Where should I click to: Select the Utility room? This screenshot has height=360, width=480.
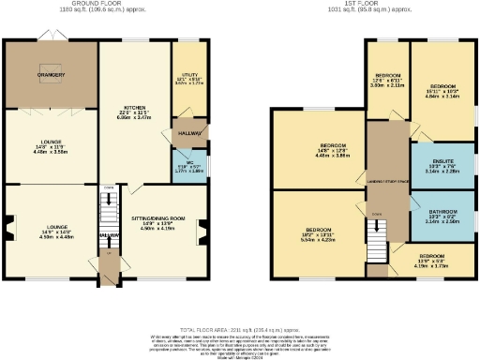(189, 81)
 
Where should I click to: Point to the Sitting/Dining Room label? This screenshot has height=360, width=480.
(156, 223)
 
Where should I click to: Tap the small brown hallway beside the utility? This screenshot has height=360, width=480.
(189, 134)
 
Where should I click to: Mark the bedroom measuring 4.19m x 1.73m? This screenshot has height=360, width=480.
(431, 260)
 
